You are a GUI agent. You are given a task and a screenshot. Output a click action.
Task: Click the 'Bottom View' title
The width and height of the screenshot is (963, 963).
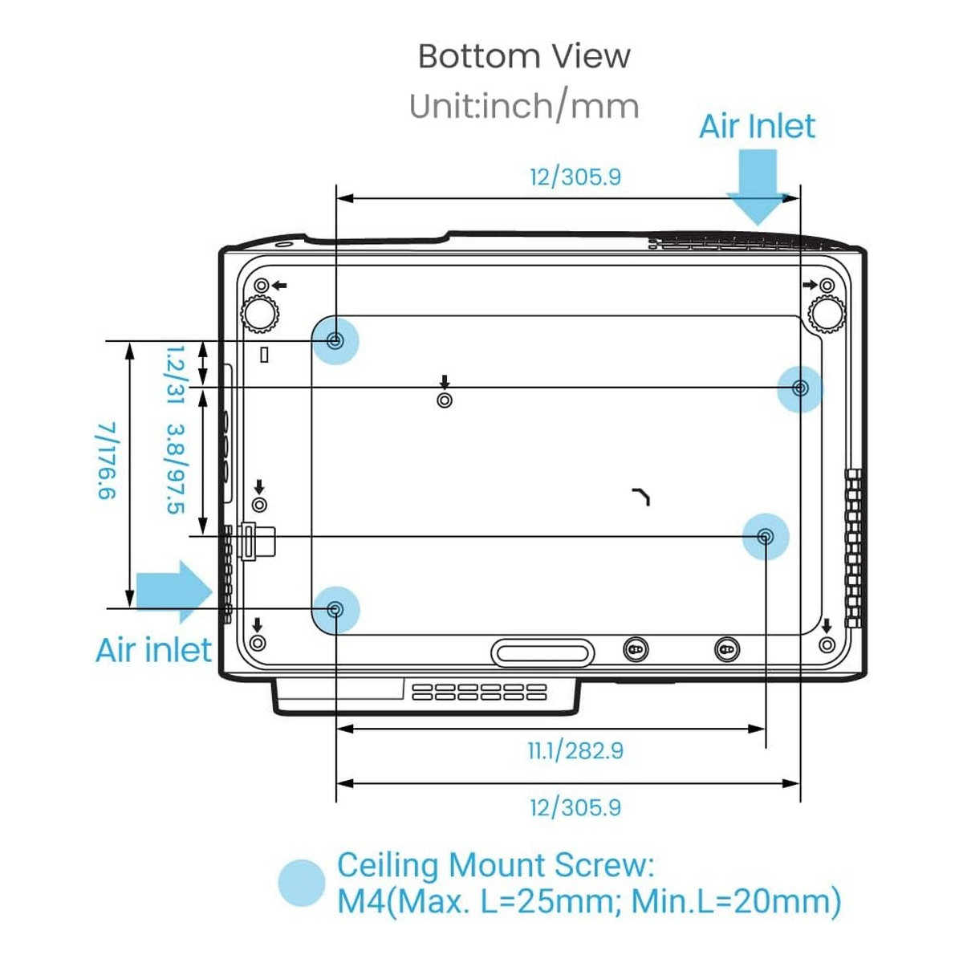click(523, 56)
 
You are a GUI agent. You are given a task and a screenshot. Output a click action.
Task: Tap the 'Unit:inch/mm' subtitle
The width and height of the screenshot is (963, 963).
click(524, 107)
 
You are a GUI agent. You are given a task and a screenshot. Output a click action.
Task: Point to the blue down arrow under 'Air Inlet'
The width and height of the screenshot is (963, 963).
click(757, 187)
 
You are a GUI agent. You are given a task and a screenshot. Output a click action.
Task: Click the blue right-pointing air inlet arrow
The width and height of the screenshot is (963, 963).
click(174, 591)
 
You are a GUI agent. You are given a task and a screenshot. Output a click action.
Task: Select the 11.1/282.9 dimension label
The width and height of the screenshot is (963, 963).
click(575, 750)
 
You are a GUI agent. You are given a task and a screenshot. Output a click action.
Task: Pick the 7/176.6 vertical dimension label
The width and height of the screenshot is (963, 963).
click(107, 461)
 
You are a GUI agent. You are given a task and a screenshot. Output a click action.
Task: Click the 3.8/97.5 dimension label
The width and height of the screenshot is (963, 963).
click(175, 469)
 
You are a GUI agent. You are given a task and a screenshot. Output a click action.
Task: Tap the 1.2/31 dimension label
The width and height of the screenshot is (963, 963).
click(175, 375)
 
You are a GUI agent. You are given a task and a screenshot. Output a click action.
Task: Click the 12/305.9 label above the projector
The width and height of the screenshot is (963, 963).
click(575, 177)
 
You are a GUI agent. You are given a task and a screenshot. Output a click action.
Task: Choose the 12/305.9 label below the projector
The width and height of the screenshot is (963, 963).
click(575, 807)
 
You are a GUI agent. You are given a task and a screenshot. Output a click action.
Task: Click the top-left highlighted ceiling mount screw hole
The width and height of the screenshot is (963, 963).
click(335, 341)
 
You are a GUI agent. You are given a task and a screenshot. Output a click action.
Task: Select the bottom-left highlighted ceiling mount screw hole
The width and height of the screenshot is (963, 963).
click(335, 610)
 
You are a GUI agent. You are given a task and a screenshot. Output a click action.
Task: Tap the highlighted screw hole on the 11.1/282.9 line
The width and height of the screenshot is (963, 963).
click(765, 537)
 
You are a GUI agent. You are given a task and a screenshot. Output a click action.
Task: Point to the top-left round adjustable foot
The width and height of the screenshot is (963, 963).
click(260, 314)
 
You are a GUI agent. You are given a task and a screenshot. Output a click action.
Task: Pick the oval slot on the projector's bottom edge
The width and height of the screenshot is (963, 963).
click(542, 652)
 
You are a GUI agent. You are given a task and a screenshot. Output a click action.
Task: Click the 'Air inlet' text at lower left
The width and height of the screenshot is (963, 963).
click(153, 650)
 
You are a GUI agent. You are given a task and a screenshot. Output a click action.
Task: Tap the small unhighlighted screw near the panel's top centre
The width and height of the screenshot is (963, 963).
click(445, 400)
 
